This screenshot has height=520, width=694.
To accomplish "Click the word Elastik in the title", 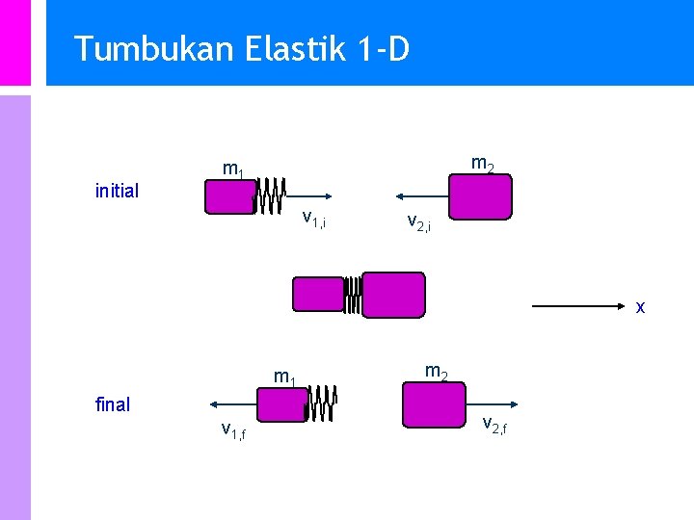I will click(288, 48).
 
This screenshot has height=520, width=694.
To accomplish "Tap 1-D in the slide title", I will click(383, 48).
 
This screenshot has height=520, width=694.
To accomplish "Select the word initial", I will click(117, 191).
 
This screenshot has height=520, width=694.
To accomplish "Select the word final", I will click(113, 404).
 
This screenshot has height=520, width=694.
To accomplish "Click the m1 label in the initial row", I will click(233, 170).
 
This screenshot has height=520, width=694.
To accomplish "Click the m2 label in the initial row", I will click(482, 166).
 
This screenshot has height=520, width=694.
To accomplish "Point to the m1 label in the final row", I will click(284, 377).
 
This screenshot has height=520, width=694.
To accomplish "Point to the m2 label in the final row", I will click(436, 371).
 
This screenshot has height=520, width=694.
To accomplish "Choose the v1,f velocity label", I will click(232, 430).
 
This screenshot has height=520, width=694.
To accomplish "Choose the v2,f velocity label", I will click(494, 424).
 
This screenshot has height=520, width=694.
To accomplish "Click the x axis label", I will click(640, 307).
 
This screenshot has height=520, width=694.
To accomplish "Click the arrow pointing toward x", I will click(579, 306).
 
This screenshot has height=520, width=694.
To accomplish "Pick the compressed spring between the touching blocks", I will click(353, 295).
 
